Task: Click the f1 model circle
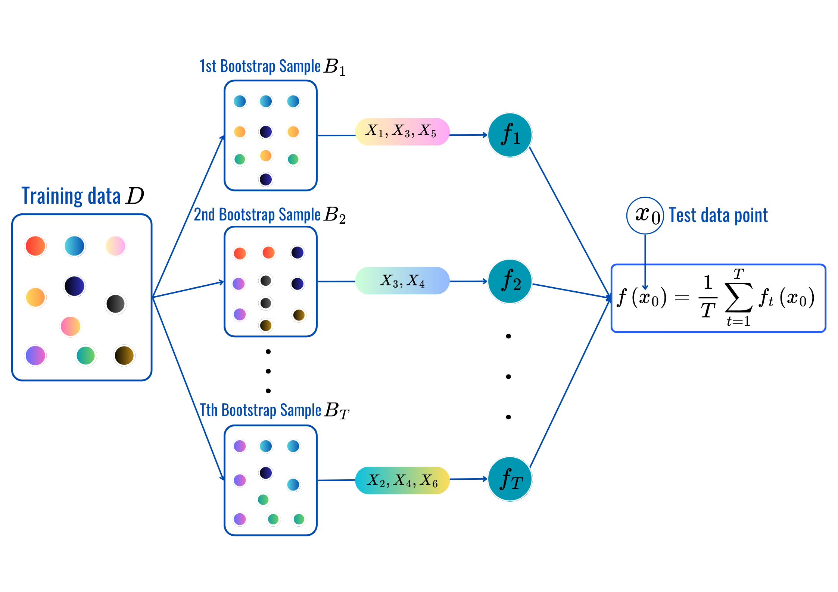[x=510, y=135]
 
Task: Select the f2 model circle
[x=510, y=281]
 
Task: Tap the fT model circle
[x=510, y=479]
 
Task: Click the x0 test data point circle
[x=645, y=216]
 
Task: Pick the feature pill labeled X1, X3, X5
[x=402, y=132]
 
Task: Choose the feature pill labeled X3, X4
[x=402, y=281]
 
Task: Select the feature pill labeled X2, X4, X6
[x=402, y=480]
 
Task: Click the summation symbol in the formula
[x=738, y=298]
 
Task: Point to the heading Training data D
[x=82, y=196]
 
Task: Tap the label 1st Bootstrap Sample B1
[x=272, y=67]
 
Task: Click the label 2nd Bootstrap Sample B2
[x=270, y=215]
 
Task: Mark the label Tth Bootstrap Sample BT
[x=274, y=410]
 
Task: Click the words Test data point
[x=718, y=215]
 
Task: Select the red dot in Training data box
[x=35, y=246]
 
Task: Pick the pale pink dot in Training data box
[x=116, y=246]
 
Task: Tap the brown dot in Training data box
[x=124, y=355]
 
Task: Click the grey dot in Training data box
[x=116, y=304]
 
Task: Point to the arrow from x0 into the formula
[x=645, y=261]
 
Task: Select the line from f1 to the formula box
[x=569, y=220]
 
